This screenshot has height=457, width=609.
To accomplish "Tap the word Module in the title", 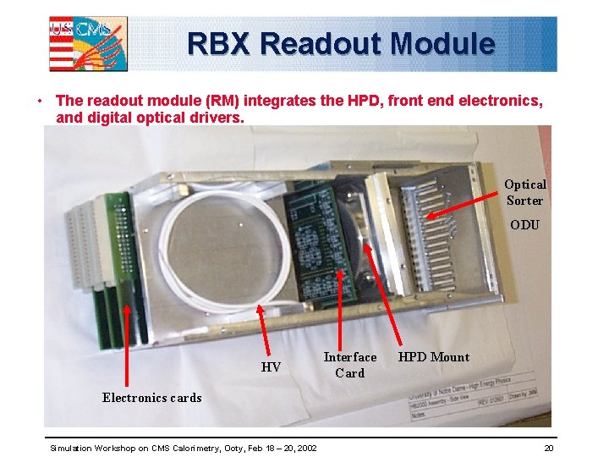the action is tap(444, 43).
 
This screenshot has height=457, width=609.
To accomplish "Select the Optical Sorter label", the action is tap(524, 192).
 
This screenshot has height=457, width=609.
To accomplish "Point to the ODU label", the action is tap(524, 225).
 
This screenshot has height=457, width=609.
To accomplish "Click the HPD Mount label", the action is tap(433, 357).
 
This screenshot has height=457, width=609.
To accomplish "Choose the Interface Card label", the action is tap(349, 365).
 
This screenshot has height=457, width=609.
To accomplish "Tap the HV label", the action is tap(271, 367).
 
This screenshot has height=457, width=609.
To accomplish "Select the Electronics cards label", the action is tap(152, 398).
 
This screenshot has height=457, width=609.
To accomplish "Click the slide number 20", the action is tap(549, 447).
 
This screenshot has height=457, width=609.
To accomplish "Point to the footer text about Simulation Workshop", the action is tap(184, 447).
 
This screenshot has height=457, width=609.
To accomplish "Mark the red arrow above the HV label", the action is tap(263, 329).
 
